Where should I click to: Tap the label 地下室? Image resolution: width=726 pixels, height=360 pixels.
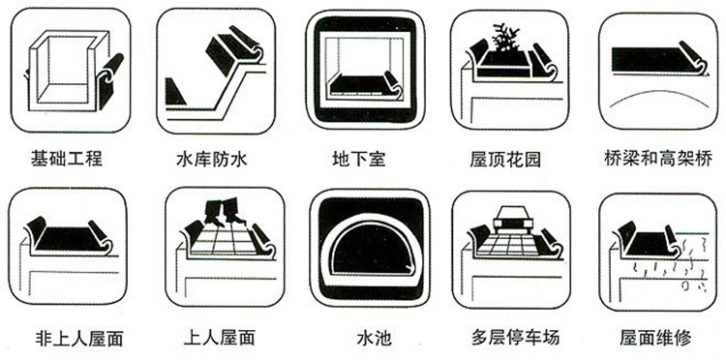click(358, 158)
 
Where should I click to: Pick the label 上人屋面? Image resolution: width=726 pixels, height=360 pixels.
click(218, 339)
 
